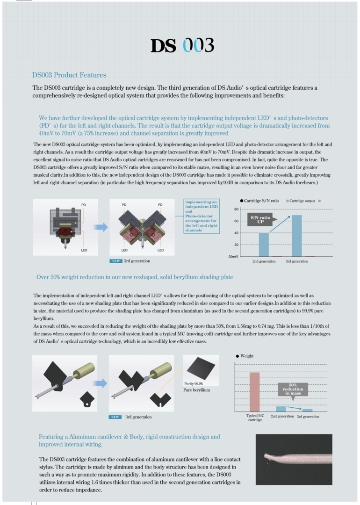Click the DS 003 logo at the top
coord(182,45)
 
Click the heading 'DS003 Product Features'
coord(69,75)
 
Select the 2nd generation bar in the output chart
coord(264,244)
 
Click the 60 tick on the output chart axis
coord(237,221)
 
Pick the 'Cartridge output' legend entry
coord(300,201)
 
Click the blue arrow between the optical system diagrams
coord(100,227)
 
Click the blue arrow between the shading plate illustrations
coord(100,383)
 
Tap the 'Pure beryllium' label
coord(196,390)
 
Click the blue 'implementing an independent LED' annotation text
coord(202,216)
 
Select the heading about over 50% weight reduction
coord(135,277)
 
